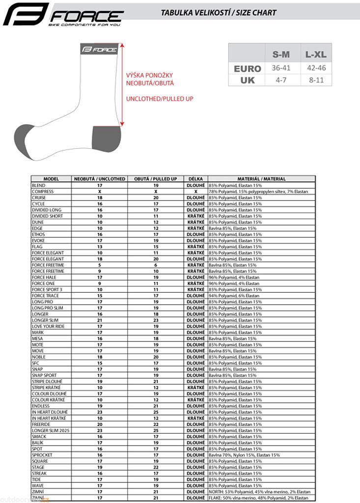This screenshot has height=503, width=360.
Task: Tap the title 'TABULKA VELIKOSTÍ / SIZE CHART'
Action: (x=219, y=13)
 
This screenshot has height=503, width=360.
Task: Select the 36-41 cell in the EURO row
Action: (x=281, y=68)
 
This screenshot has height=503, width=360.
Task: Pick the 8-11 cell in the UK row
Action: (x=316, y=80)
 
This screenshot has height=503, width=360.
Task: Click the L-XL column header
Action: (x=316, y=54)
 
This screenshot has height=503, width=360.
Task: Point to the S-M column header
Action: (x=281, y=54)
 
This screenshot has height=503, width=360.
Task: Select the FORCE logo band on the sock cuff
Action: (x=99, y=49)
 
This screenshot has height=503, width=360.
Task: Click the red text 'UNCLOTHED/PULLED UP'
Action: (x=160, y=99)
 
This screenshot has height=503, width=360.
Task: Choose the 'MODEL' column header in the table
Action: (x=51, y=179)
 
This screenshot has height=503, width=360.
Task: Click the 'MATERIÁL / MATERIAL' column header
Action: (x=261, y=179)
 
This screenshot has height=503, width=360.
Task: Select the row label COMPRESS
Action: (x=43, y=192)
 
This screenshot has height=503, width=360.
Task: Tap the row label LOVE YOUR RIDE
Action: (x=48, y=326)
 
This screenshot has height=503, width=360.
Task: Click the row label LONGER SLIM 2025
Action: (x=51, y=430)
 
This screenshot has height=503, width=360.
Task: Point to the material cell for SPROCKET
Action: (x=244, y=455)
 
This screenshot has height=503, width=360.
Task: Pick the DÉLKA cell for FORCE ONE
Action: (x=195, y=283)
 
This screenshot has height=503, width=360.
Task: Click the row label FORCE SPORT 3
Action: (x=47, y=289)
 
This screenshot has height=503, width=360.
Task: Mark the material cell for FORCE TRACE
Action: (x=234, y=296)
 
